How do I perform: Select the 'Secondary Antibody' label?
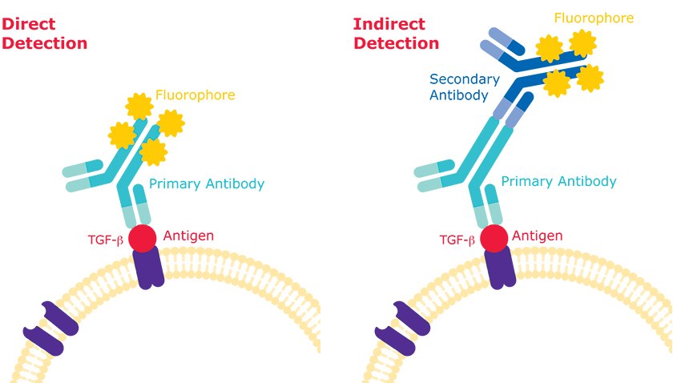click(x=465, y=87)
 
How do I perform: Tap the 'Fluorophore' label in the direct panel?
click(x=195, y=95)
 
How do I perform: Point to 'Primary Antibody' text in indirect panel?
click(x=558, y=181)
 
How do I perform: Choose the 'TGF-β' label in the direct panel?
click(x=106, y=239)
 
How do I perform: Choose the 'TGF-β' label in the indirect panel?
click(x=457, y=239)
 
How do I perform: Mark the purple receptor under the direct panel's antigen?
click(x=148, y=268)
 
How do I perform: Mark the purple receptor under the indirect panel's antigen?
click(x=501, y=268)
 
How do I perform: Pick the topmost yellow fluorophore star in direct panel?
click(x=140, y=105)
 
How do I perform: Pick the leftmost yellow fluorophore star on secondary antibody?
click(x=549, y=50)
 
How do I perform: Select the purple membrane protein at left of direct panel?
click(x=50, y=329)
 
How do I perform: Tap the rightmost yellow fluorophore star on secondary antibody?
click(x=590, y=78)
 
